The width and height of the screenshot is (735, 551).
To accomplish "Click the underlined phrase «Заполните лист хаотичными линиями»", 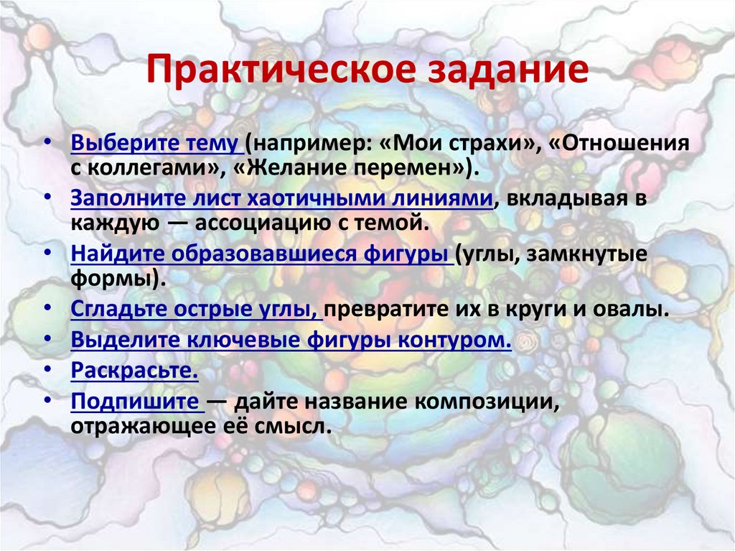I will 281,198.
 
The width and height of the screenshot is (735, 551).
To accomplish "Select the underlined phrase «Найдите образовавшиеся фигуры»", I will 261,254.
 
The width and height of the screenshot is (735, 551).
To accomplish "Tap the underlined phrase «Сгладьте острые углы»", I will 196,310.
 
